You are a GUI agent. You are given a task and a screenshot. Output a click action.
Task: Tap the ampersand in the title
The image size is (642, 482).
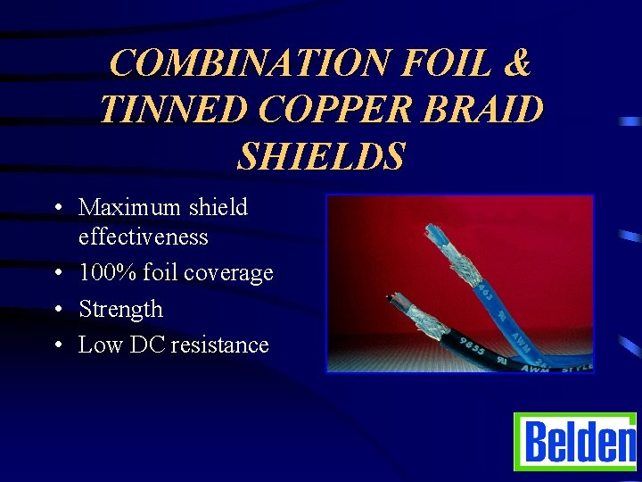514,63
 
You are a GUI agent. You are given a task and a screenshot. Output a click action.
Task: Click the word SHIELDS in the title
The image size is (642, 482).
321,155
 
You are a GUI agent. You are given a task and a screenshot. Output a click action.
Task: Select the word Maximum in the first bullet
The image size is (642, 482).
130,207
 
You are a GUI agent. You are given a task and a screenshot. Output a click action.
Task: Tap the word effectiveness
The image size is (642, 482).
143,237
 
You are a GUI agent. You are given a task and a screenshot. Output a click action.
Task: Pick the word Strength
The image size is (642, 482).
120,309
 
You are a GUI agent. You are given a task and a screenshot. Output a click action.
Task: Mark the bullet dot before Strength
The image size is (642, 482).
57,310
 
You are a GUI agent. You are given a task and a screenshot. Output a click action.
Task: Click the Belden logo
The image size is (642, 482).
574,441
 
